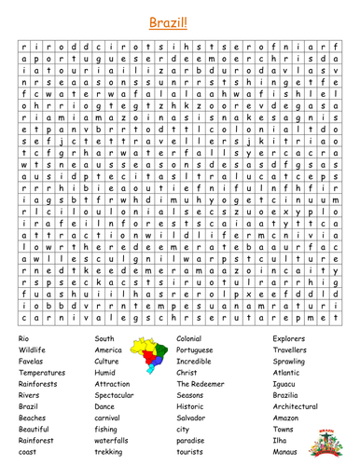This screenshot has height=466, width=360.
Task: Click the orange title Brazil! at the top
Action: pyautogui.click(x=181, y=18)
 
